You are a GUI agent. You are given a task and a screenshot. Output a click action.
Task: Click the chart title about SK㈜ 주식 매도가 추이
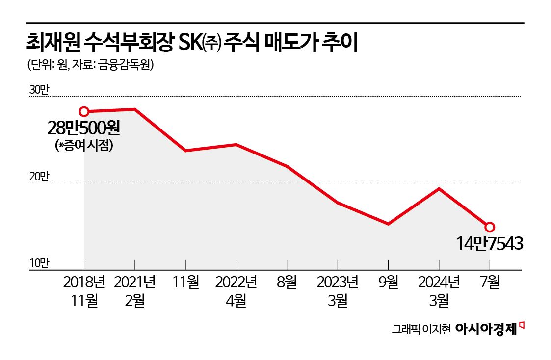click(193, 44)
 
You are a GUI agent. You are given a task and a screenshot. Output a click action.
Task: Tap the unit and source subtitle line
click(88, 65)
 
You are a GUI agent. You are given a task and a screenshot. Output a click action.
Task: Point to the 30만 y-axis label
click(39, 90)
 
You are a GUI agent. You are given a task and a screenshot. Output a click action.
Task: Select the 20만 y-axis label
click(39, 177)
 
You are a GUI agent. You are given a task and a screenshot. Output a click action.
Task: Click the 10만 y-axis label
click(39, 263)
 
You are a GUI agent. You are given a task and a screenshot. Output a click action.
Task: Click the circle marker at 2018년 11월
click(84, 112)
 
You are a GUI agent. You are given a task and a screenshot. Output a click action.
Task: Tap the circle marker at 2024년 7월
click(489, 227)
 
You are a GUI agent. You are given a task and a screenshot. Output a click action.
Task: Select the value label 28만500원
click(83, 129)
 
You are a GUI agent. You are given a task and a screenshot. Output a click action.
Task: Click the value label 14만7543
click(489, 243)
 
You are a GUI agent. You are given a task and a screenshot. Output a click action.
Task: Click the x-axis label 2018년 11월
click(84, 291)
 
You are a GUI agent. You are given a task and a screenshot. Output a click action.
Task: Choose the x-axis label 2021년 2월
click(135, 291)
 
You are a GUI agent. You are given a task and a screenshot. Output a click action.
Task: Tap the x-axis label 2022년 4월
click(236, 291)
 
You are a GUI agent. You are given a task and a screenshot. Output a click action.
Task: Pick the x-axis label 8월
click(287, 283)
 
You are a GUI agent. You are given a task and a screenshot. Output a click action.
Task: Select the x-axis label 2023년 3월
click(338, 291)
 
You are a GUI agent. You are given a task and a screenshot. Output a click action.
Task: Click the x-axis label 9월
click(388, 283)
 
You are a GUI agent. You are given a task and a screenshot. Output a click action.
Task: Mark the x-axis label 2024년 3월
click(439, 291)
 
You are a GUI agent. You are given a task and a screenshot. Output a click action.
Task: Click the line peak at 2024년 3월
click(439, 189)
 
